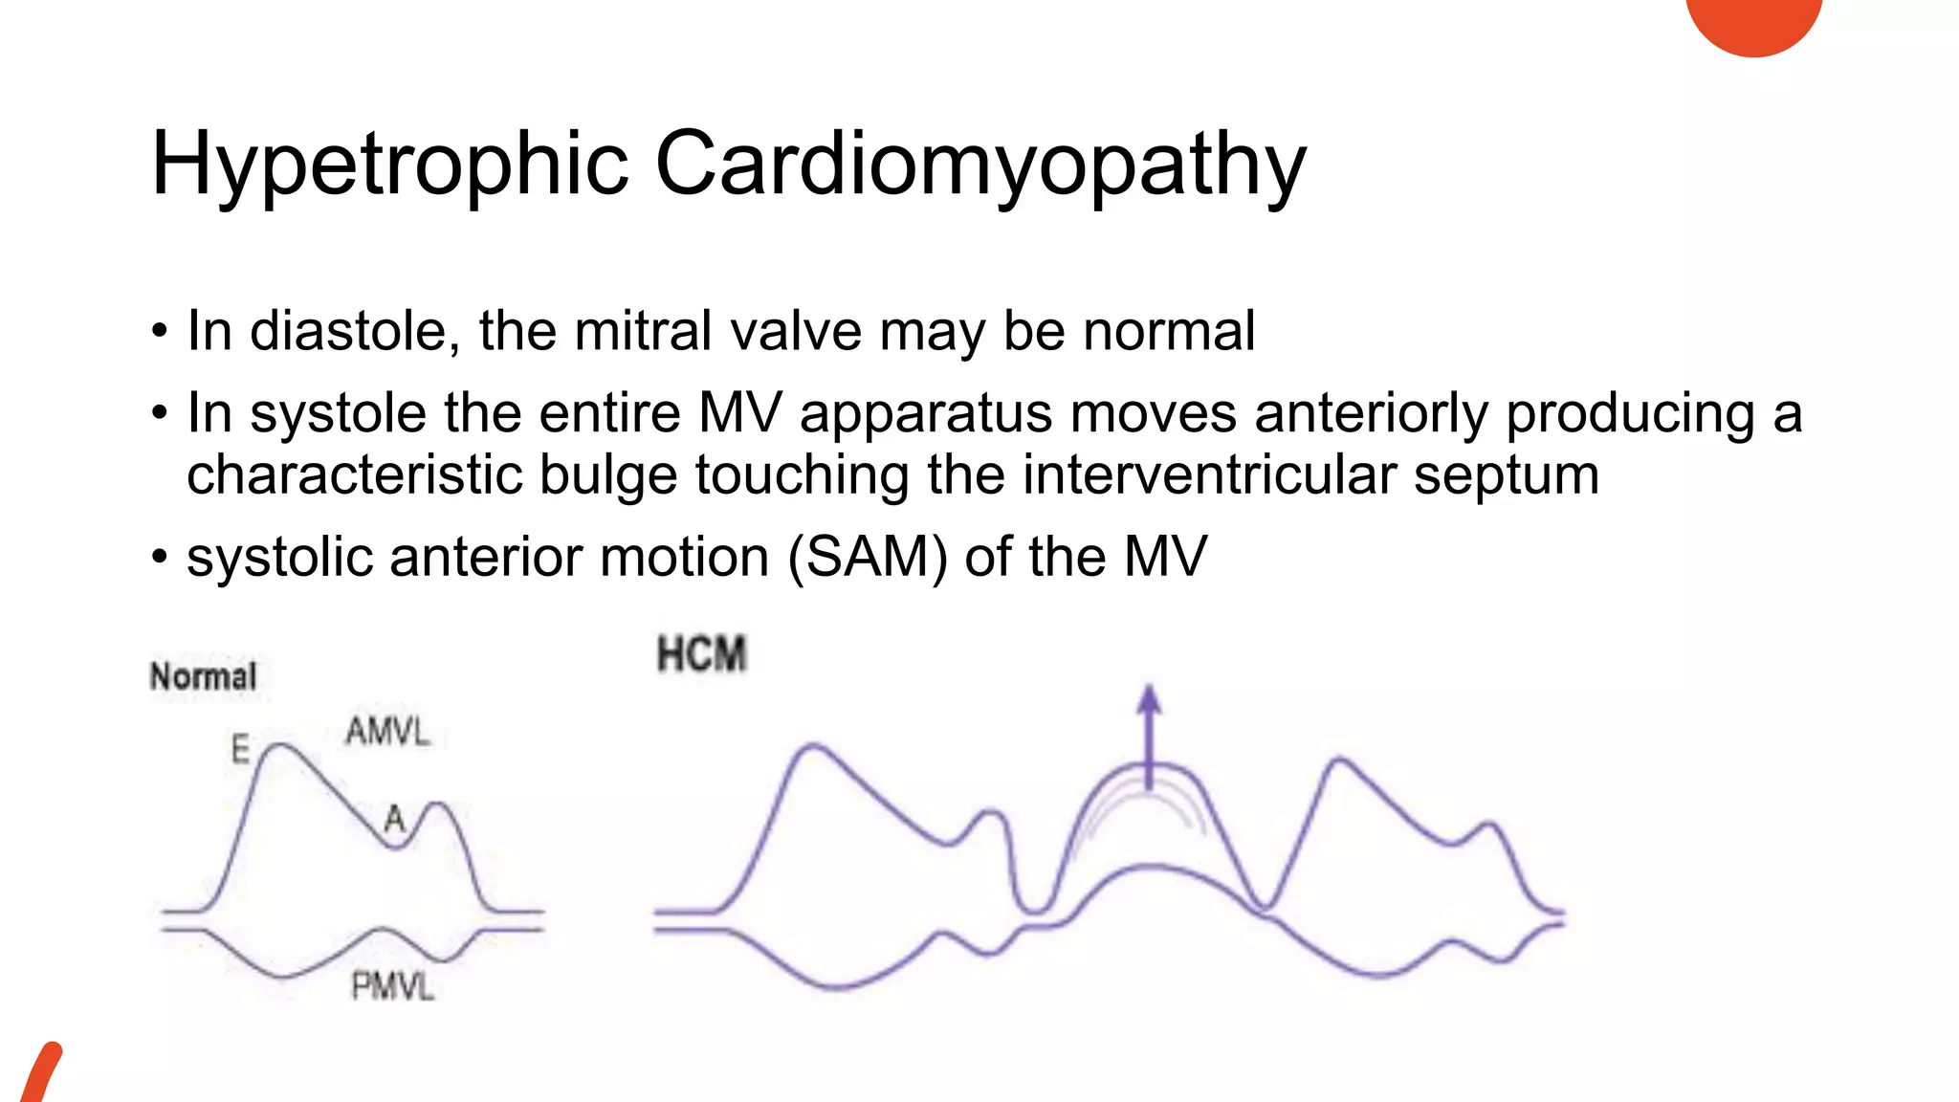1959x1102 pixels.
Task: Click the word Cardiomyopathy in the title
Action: (x=979, y=165)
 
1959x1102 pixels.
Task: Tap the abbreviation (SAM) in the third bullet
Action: (x=868, y=557)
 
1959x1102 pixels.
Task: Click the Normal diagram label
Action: (x=204, y=676)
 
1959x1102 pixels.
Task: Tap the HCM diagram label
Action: (x=701, y=655)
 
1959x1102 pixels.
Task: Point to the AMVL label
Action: (x=387, y=732)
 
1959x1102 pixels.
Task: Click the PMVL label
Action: (x=392, y=986)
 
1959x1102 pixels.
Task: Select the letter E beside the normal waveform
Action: (x=240, y=748)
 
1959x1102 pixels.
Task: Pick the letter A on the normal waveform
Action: (x=394, y=819)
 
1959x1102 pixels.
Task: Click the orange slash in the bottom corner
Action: (x=40, y=1073)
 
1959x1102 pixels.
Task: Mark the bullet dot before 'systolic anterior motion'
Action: (x=159, y=557)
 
